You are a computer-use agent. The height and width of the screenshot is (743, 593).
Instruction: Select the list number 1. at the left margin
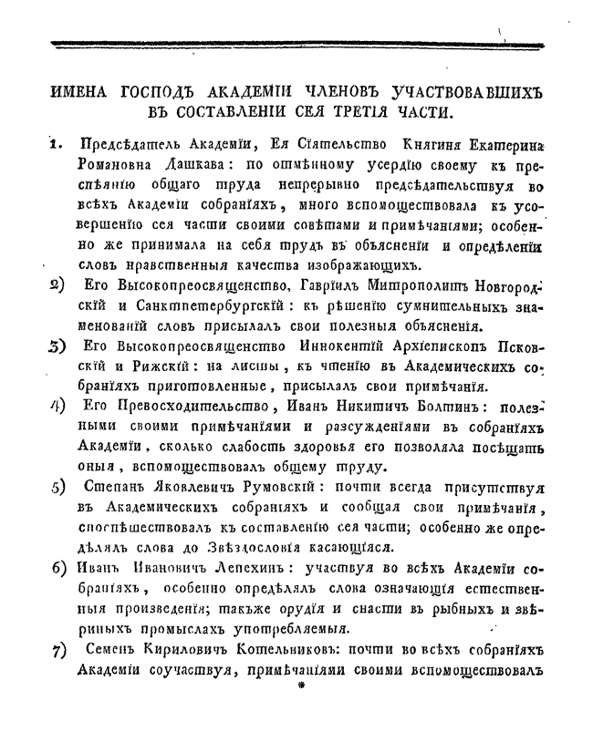pyautogui.click(x=57, y=142)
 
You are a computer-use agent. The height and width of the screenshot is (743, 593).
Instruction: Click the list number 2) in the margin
pyautogui.click(x=57, y=284)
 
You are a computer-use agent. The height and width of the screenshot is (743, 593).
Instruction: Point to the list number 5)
pyautogui.click(x=57, y=485)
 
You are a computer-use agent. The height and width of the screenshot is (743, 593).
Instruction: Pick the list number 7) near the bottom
pyautogui.click(x=57, y=651)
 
